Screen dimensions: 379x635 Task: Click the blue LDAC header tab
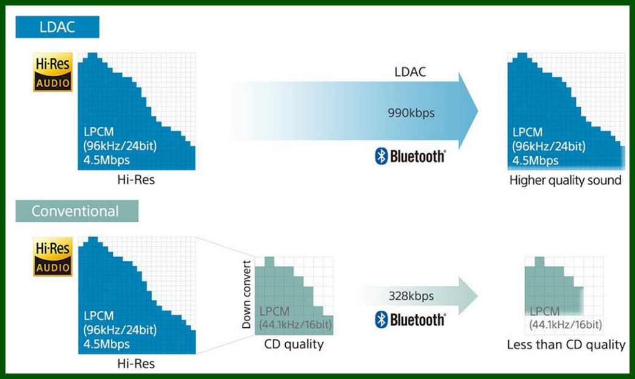(x=57, y=27)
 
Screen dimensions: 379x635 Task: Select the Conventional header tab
(x=76, y=211)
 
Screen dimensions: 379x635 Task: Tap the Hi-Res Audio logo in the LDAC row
(x=53, y=72)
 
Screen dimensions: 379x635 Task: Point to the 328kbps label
(x=411, y=296)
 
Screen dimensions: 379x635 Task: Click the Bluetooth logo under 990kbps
(x=410, y=157)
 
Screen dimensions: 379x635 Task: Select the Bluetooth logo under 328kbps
(x=410, y=319)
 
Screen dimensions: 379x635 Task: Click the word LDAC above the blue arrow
(x=410, y=72)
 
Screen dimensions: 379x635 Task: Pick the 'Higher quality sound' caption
(x=565, y=180)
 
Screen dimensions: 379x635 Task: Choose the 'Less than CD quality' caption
(x=566, y=345)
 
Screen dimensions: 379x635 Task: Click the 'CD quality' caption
(x=294, y=344)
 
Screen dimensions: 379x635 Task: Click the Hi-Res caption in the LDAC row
(x=135, y=180)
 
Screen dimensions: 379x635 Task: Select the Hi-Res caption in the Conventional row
(x=135, y=364)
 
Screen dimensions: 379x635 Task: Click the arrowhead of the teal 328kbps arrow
(x=469, y=296)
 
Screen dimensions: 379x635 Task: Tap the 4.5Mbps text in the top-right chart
(x=535, y=161)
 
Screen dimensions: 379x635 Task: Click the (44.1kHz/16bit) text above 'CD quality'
(x=296, y=324)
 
